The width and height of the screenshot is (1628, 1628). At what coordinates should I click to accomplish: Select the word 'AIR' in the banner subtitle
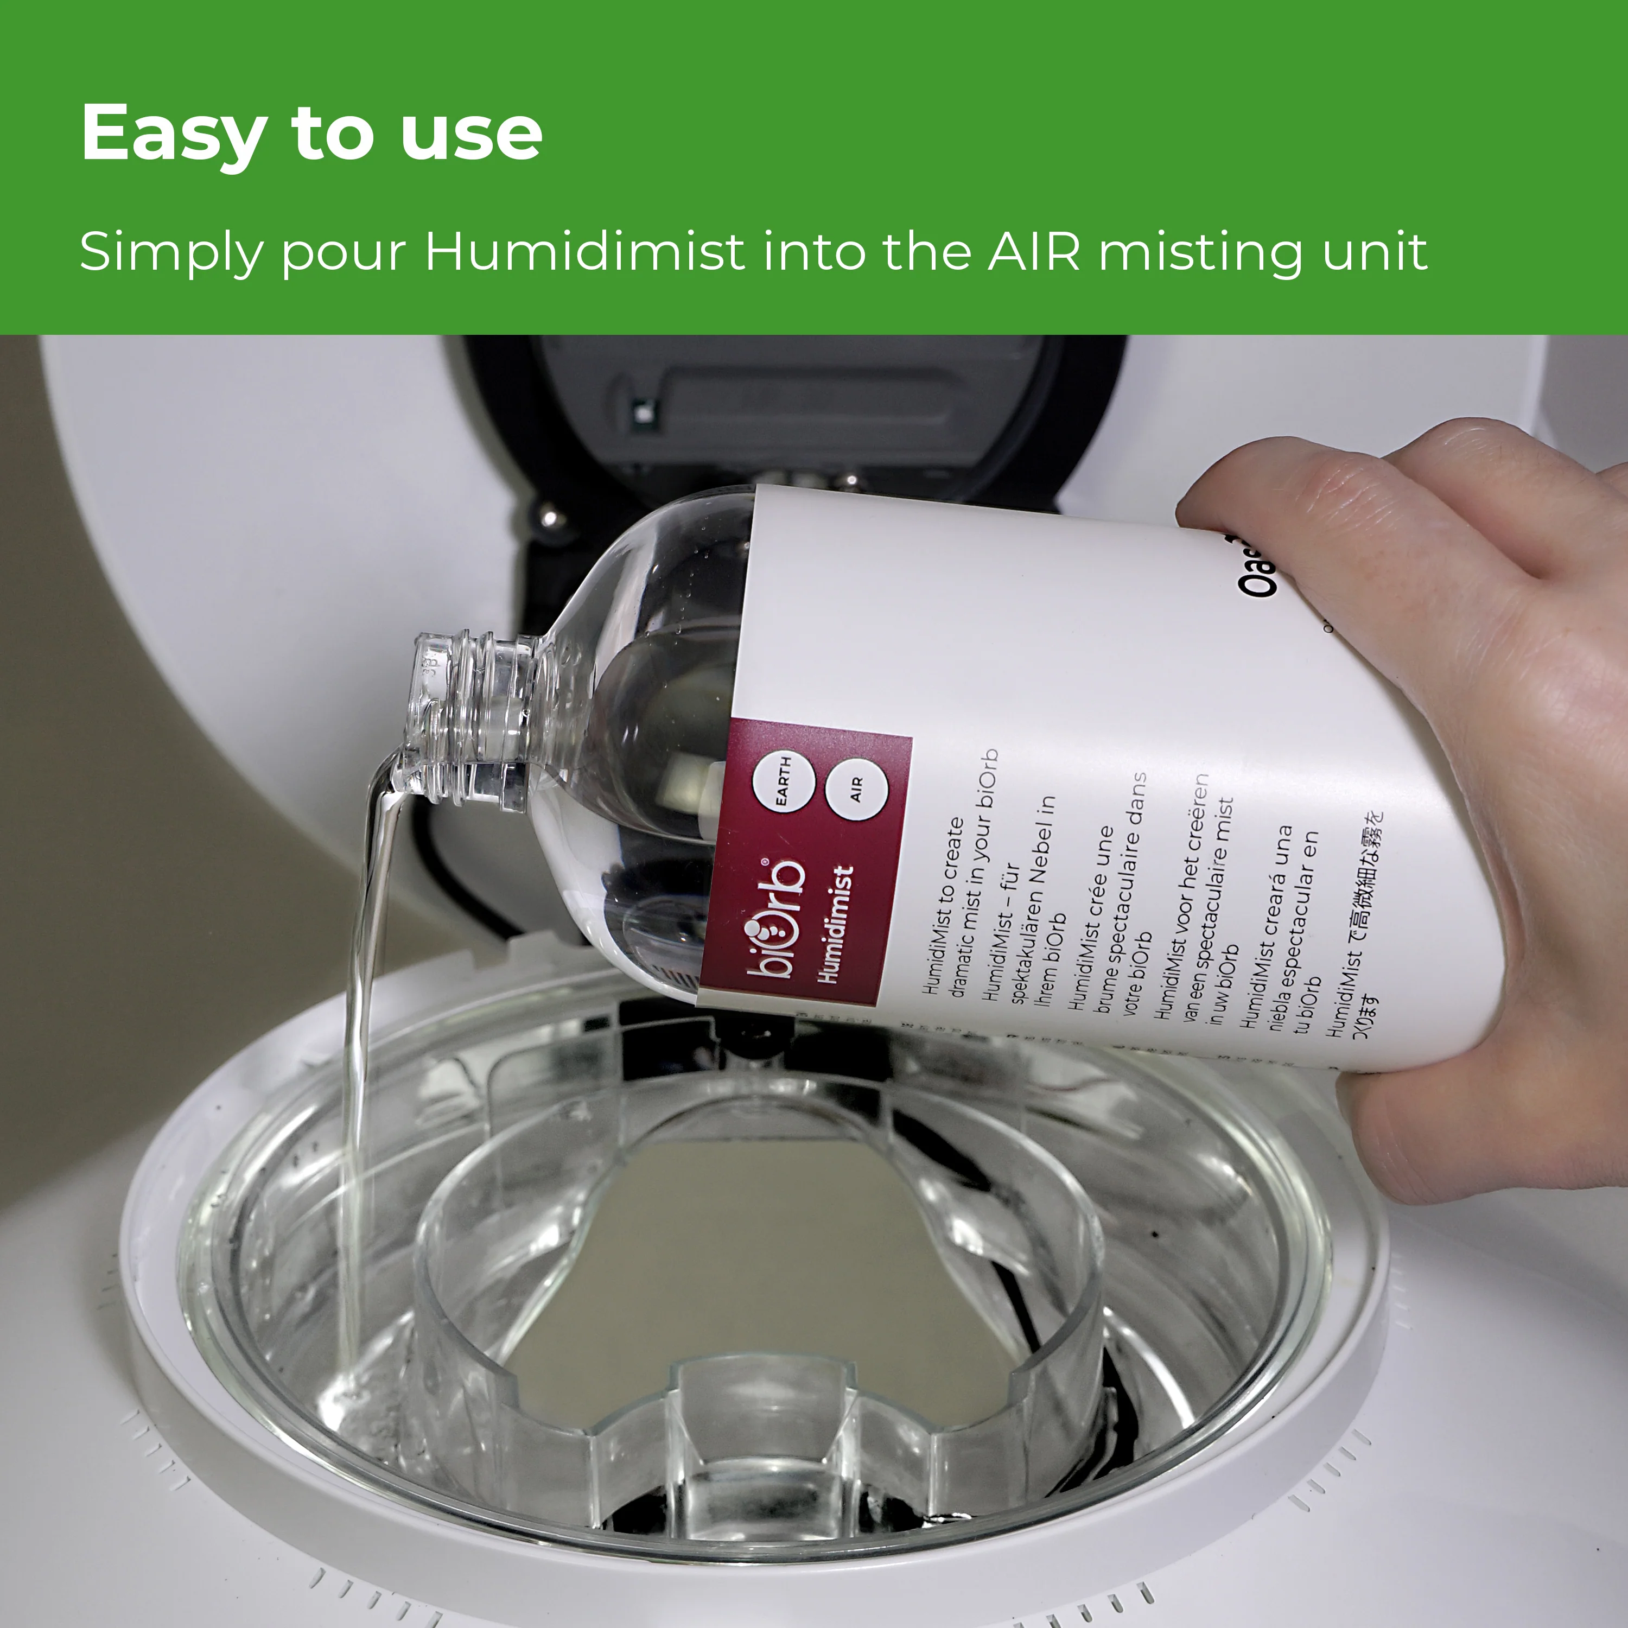pos(1033,251)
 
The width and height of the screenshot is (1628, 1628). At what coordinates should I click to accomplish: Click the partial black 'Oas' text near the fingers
pos(1260,573)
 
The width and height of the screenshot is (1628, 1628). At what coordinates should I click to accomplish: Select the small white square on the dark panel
pos(642,414)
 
